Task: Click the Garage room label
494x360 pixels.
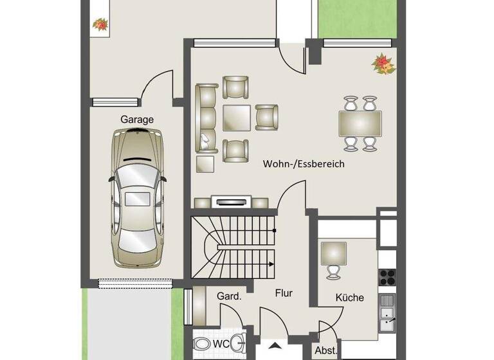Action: (137, 119)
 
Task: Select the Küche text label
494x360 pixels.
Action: (349, 298)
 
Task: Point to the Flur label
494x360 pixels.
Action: (283, 293)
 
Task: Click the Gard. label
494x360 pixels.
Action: (229, 296)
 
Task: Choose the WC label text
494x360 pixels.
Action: (221, 344)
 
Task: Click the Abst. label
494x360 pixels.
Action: (324, 351)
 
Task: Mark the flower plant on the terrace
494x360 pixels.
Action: (100, 24)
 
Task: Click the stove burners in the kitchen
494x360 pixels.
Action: (387, 276)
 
